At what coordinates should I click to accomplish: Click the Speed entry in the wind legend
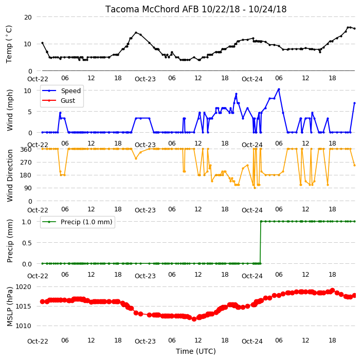[70, 91]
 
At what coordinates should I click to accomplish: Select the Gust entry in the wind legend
[68, 101]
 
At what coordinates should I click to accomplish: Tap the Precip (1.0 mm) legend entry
[86, 222]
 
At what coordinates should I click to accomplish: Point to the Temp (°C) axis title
[9, 44]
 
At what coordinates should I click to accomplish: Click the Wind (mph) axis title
[10, 110]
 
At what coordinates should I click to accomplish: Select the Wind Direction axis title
[10, 176]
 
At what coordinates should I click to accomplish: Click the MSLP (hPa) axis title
[10, 307]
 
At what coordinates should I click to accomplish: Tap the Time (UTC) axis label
[196, 351]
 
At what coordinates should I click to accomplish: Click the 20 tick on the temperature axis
[28, 17]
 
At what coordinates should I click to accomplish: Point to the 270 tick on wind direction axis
[26, 163]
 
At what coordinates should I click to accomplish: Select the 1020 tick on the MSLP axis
[23, 287]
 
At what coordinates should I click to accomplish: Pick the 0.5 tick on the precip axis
[27, 243]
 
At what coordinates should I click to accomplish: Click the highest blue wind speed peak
[279, 89]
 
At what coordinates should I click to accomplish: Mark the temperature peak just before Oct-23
[136, 32]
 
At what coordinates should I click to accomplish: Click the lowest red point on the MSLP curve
[194, 319]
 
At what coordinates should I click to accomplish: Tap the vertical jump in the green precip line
[261, 242]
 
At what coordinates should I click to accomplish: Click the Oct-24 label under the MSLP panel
[252, 341]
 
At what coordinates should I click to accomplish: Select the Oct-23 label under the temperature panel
[145, 79]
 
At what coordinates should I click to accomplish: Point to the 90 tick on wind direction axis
[28, 188]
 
